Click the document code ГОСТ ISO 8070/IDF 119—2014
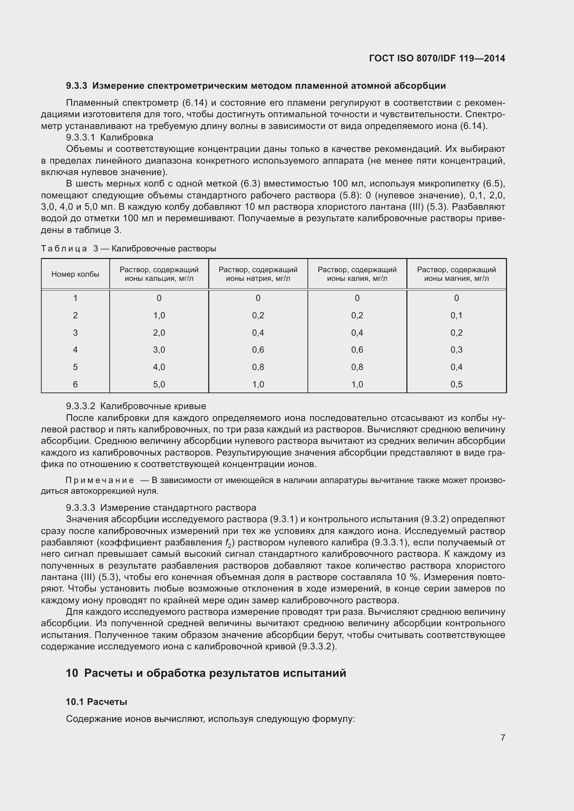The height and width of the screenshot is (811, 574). (437, 58)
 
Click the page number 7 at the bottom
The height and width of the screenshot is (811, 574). (503, 737)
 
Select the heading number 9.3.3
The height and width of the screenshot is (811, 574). (76, 86)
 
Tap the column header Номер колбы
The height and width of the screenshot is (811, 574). (75, 274)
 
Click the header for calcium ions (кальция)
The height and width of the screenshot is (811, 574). (159, 274)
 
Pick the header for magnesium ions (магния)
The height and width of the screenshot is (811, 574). (456, 274)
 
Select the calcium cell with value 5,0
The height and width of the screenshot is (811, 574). (159, 384)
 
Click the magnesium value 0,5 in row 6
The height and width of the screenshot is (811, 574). (456, 384)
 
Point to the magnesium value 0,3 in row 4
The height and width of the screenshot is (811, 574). (456, 350)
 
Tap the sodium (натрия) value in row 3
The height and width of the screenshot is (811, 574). (258, 333)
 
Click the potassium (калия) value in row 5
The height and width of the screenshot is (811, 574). (357, 367)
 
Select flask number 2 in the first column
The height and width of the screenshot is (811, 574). (75, 315)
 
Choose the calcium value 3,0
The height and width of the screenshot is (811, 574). (159, 350)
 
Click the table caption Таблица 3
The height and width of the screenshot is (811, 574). (69, 249)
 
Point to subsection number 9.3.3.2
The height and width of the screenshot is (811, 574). (81, 406)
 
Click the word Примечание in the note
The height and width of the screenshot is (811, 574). (100, 480)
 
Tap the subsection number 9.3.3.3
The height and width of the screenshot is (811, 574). (81, 508)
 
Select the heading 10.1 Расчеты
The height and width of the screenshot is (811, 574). (96, 702)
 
